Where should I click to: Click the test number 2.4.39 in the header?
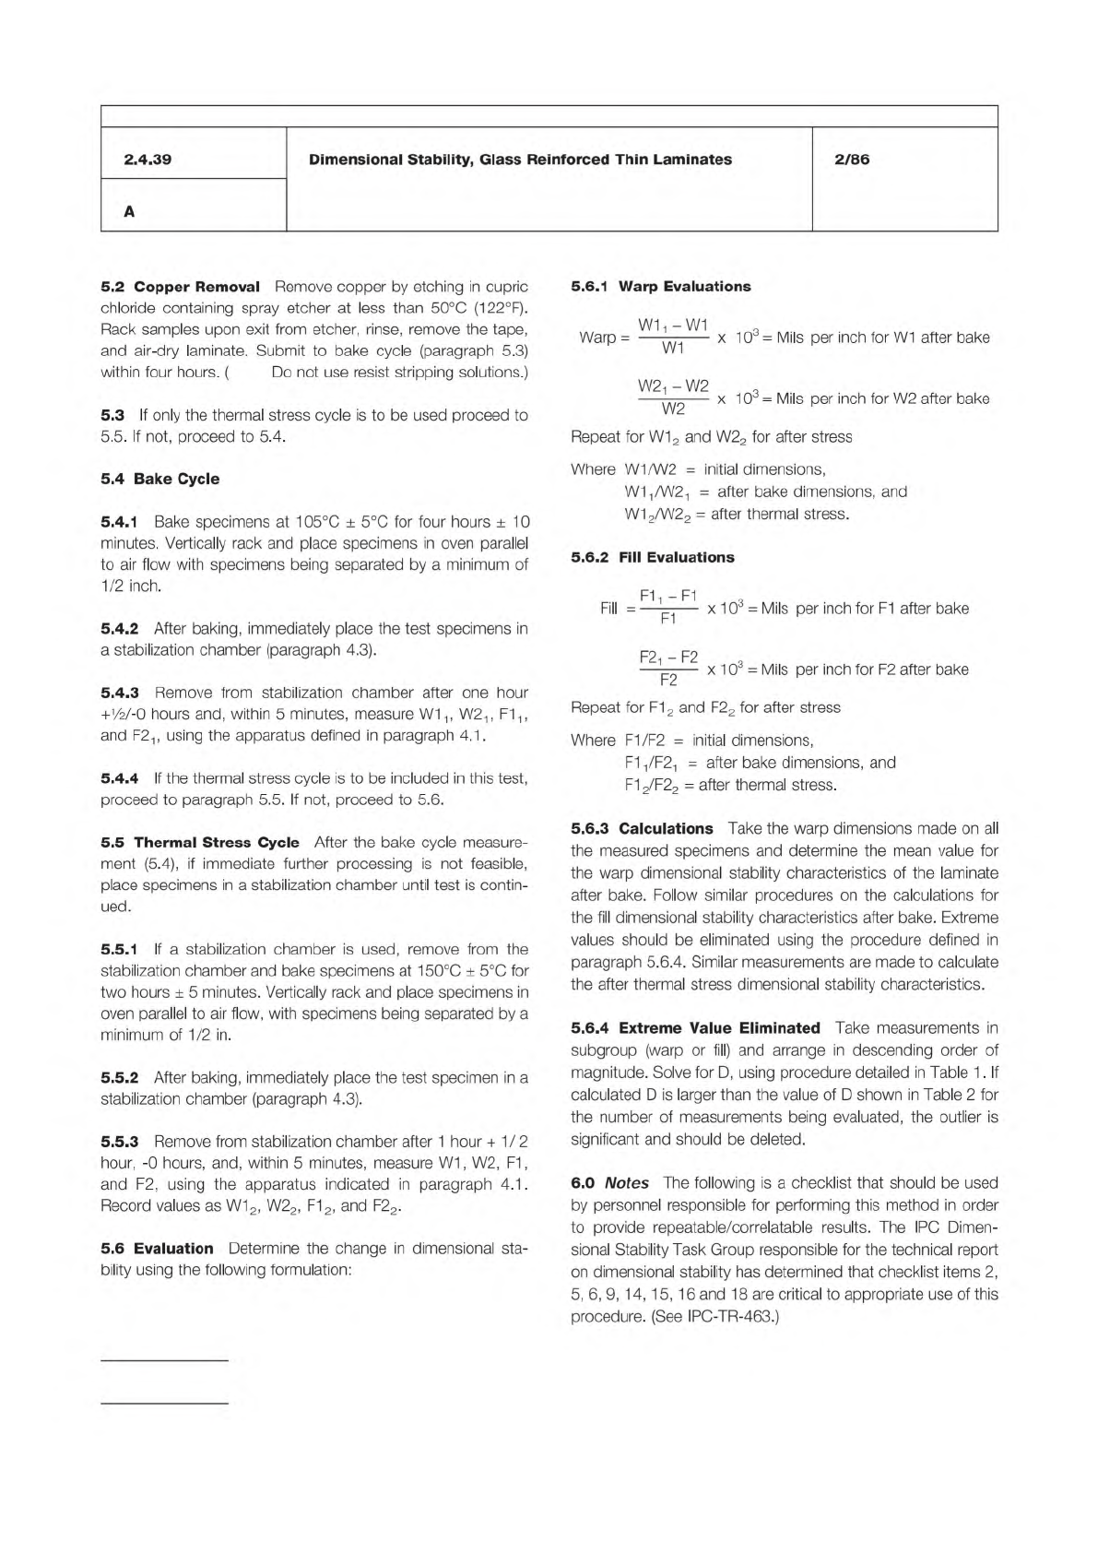click(x=148, y=160)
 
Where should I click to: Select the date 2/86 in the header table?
click(x=851, y=160)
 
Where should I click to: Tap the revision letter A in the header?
click(x=129, y=211)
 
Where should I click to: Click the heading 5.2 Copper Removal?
click(x=180, y=287)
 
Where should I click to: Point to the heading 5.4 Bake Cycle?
click(x=159, y=479)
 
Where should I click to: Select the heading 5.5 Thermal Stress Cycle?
click(x=199, y=842)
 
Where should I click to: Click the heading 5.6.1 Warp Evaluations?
click(x=660, y=287)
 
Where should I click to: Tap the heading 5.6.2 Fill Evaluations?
click(x=652, y=558)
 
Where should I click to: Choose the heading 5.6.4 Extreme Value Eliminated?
click(x=695, y=1028)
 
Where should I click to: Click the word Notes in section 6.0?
click(x=627, y=1183)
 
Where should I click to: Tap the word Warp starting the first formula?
click(x=597, y=338)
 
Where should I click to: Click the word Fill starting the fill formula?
click(x=608, y=609)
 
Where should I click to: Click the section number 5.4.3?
click(x=119, y=693)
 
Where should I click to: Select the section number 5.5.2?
click(x=119, y=1077)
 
